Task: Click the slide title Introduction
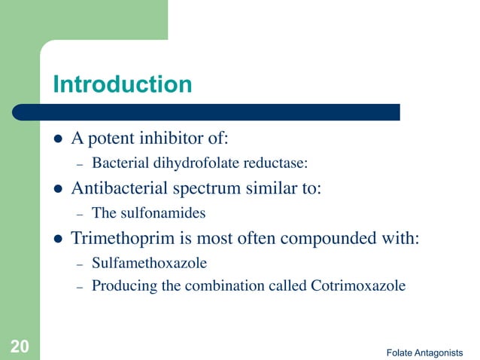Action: (122, 84)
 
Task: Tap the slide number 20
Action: (20, 346)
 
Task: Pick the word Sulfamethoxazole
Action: (149, 263)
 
